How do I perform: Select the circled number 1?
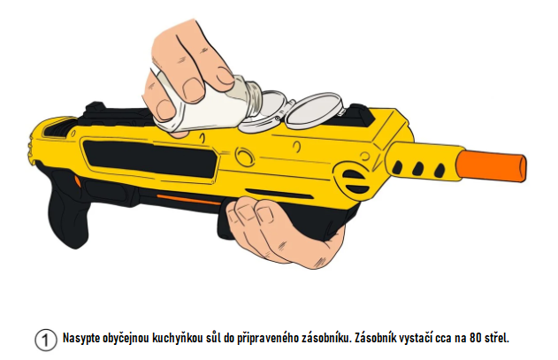[x=46, y=341]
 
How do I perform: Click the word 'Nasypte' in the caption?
[x=80, y=338]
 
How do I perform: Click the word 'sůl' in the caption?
[x=213, y=338]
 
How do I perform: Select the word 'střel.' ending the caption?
[x=497, y=338]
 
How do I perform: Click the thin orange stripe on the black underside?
[x=188, y=199]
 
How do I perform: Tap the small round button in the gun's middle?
[x=244, y=157]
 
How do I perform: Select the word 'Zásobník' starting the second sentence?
[x=375, y=338]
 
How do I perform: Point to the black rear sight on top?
[x=94, y=108]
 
